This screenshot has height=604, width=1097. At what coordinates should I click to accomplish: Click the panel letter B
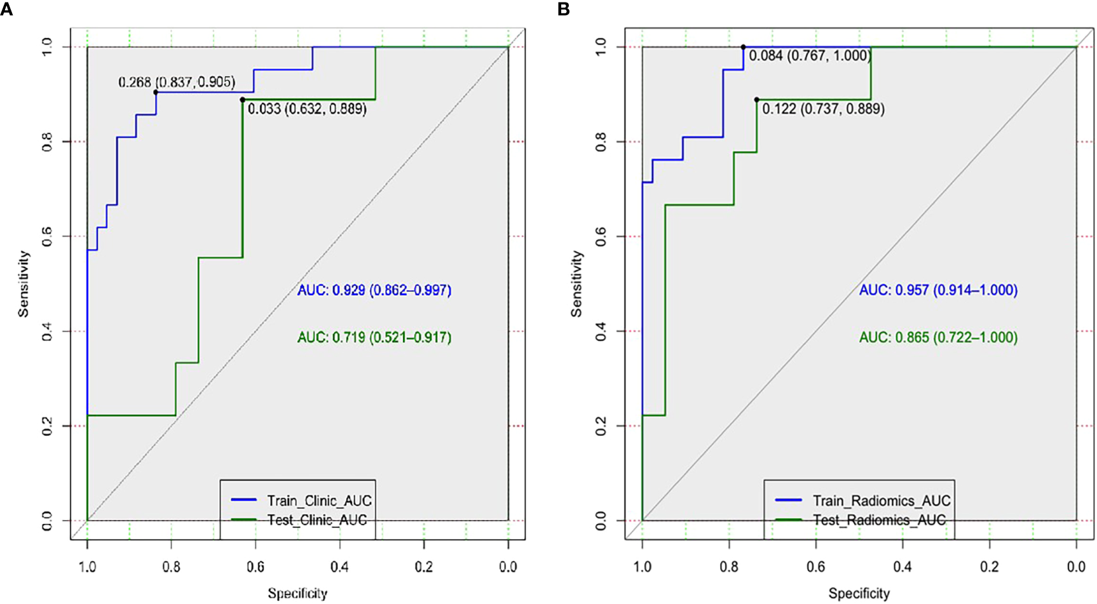[x=562, y=10]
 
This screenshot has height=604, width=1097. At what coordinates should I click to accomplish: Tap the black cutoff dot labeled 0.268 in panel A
[x=156, y=92]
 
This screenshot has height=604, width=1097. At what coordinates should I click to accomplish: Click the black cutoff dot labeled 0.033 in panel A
[x=242, y=100]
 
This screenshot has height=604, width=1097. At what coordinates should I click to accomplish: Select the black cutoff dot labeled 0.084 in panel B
[x=743, y=47]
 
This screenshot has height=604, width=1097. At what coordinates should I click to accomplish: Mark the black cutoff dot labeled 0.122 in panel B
[x=756, y=100]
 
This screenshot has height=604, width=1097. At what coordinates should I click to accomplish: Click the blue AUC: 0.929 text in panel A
[x=374, y=291]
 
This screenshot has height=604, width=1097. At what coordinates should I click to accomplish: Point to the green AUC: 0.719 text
[x=374, y=338]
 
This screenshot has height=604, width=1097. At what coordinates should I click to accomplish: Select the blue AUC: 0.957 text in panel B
[x=938, y=291]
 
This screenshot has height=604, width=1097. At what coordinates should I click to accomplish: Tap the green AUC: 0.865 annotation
[x=938, y=338]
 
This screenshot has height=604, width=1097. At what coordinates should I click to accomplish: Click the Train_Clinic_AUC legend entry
[x=318, y=501]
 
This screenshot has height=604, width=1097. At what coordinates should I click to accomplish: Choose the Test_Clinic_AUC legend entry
[x=317, y=520]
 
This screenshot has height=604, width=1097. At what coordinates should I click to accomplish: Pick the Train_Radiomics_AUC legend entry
[x=881, y=501]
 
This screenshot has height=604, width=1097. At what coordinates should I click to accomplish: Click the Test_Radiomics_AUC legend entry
[x=879, y=520]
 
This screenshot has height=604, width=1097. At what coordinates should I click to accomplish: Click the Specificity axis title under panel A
[x=297, y=593]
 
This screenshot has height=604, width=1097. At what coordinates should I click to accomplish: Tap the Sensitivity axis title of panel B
[x=577, y=283]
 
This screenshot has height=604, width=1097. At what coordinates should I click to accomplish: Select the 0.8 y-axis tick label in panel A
[x=47, y=142]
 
